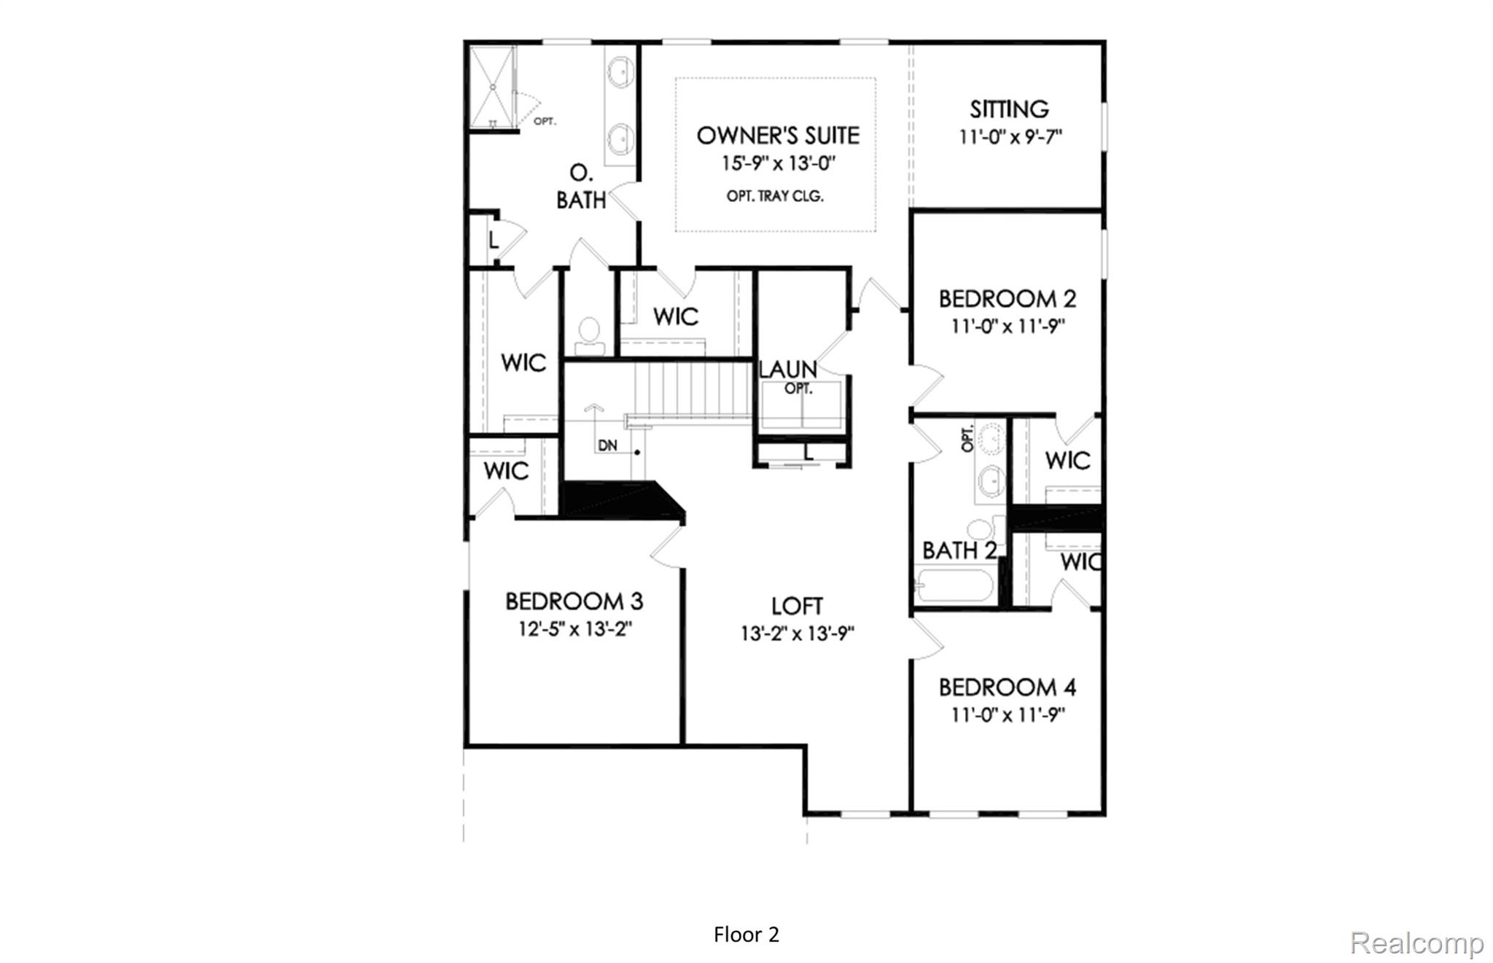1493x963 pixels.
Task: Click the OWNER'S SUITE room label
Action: click(x=778, y=136)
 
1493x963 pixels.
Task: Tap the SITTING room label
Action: click(x=1009, y=109)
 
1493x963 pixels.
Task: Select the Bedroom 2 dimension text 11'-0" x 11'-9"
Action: click(x=1007, y=326)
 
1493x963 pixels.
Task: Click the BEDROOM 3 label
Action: click(x=574, y=601)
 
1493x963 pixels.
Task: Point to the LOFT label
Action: click(x=797, y=606)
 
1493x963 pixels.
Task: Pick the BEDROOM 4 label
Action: click(x=1007, y=687)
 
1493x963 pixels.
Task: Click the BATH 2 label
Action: click(x=958, y=550)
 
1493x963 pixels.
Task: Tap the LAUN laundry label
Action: click(x=787, y=369)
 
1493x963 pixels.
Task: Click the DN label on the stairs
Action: click(x=607, y=445)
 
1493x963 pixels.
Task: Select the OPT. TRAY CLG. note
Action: click(x=775, y=196)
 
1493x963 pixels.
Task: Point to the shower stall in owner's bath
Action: click(x=491, y=87)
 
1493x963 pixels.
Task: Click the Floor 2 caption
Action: click(x=746, y=935)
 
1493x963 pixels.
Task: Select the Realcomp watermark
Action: click(x=1416, y=943)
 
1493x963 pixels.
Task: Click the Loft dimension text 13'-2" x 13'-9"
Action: click(x=798, y=633)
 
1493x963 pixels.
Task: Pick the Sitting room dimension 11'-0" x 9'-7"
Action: click(x=1010, y=136)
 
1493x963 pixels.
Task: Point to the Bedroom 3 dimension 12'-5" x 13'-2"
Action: click(x=574, y=629)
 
